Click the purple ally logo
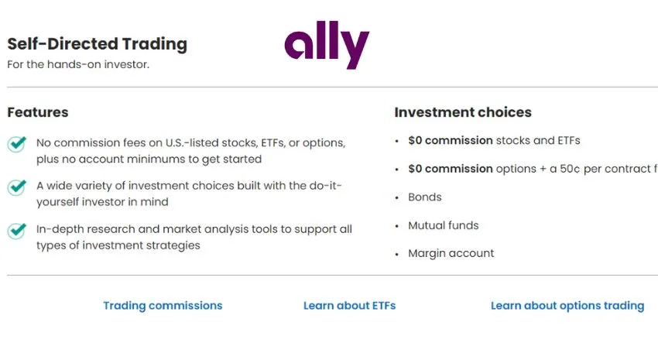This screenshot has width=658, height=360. [x=327, y=44]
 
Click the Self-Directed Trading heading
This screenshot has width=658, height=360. [x=98, y=44]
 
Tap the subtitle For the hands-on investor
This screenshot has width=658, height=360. [x=78, y=64]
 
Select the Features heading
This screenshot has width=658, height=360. [x=38, y=112]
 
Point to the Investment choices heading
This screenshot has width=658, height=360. [x=463, y=112]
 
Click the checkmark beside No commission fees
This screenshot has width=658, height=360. [x=17, y=144]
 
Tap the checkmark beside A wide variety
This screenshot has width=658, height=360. [x=17, y=187]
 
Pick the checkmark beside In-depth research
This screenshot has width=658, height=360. [x=17, y=231]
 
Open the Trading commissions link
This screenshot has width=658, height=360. [x=163, y=306]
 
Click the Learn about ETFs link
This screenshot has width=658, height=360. [x=350, y=306]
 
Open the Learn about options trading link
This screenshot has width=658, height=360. [x=567, y=306]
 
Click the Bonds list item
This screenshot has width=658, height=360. [x=425, y=197]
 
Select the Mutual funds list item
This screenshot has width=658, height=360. [x=443, y=225]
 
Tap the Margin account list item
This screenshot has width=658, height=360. [x=451, y=253]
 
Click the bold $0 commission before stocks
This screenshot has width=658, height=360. [x=451, y=141]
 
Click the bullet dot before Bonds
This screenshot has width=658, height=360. [x=397, y=197]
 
